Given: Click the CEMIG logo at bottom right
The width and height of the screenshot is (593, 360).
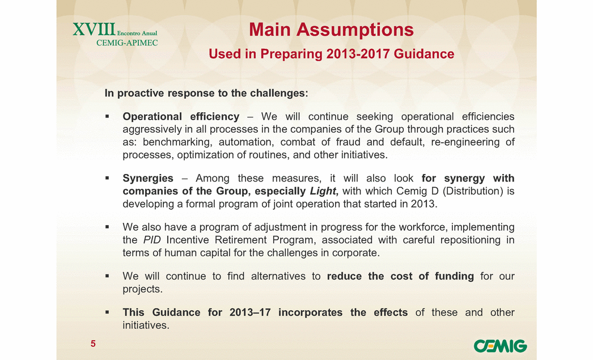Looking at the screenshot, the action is [500, 346].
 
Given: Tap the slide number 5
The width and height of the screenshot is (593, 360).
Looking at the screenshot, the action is [93, 344].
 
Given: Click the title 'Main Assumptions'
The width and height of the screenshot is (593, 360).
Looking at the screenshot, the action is [331, 29].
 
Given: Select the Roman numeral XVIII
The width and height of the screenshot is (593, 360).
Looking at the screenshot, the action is [94, 29].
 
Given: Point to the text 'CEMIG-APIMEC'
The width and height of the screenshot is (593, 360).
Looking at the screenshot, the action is [127, 43].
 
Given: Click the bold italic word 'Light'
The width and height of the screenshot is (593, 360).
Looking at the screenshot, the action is [323, 191].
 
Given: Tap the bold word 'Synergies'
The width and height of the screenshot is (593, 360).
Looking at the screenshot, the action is [148, 178].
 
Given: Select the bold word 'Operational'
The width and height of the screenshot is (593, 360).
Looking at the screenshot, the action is [152, 116].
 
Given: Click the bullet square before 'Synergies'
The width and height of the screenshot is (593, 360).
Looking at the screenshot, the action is [107, 177].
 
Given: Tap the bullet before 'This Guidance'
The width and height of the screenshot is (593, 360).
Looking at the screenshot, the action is [107, 312].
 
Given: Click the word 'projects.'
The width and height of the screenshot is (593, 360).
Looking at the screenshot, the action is [142, 289].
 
